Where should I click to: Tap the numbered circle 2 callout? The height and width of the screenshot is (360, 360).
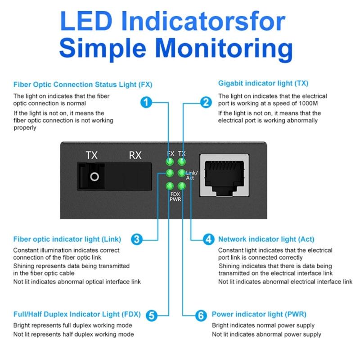(206, 102)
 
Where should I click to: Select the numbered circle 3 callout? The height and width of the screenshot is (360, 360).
(137, 239)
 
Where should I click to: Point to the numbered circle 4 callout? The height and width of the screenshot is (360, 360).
(208, 239)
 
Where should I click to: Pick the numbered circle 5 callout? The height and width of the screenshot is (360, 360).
(152, 315)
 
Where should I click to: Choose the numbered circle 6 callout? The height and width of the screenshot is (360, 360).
(201, 315)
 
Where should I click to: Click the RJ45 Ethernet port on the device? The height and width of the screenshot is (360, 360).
(225, 177)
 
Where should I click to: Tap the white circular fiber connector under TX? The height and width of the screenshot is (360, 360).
(94, 176)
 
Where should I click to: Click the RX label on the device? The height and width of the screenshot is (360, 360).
(135, 156)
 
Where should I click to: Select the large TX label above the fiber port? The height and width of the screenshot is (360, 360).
(92, 156)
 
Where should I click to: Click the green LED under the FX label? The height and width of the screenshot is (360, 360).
(170, 162)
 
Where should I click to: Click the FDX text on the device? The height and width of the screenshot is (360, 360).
(175, 193)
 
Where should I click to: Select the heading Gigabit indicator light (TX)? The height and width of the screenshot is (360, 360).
(263, 84)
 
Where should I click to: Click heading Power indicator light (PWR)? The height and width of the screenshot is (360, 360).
(259, 314)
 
